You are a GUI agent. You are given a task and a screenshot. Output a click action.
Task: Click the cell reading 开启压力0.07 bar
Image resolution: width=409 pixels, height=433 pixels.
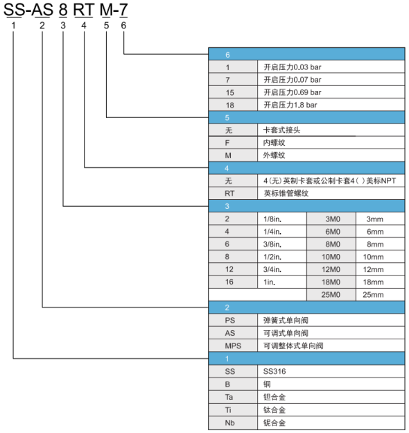click(x=331, y=80)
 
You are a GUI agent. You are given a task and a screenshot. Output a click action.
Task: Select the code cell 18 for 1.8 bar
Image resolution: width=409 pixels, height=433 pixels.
click(x=233, y=105)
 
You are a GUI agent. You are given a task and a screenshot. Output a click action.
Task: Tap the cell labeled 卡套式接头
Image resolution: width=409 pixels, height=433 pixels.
click(x=331, y=130)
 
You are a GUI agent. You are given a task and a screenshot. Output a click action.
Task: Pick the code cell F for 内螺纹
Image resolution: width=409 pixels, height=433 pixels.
click(x=233, y=143)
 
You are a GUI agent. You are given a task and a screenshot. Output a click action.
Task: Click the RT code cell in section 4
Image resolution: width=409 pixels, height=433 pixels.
click(x=233, y=194)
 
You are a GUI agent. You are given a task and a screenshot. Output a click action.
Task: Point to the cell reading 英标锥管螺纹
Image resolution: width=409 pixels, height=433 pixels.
click(x=331, y=194)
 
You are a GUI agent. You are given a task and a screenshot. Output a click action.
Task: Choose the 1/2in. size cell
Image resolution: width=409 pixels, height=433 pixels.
click(x=282, y=257)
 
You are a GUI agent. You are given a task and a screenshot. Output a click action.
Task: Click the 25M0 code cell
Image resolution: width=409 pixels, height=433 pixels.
click(x=331, y=295)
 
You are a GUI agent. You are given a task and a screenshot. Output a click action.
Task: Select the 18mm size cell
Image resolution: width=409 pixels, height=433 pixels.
click(x=381, y=282)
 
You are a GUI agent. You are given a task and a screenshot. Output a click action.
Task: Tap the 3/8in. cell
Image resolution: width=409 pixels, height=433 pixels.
click(x=282, y=244)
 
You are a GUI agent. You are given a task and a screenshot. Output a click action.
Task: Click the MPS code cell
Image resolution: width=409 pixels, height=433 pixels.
click(x=233, y=346)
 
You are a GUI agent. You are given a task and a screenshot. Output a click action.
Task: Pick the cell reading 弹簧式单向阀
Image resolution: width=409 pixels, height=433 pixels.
click(x=331, y=321)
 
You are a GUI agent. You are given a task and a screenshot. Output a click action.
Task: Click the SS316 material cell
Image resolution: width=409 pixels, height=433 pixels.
click(x=331, y=371)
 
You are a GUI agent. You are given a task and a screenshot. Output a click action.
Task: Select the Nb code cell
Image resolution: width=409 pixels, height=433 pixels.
click(x=233, y=423)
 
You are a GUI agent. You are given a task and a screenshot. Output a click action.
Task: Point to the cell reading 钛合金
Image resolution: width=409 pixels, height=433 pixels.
click(x=331, y=410)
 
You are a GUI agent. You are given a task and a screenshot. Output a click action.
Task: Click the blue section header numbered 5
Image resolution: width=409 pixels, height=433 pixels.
click(x=306, y=118)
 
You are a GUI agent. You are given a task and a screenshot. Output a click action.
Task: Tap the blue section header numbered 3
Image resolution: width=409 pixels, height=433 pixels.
click(x=306, y=206)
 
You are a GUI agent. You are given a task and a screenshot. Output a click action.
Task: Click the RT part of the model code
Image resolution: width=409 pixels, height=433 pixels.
click(x=84, y=10)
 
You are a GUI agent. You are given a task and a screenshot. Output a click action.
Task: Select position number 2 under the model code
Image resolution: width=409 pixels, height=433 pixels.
click(x=42, y=26)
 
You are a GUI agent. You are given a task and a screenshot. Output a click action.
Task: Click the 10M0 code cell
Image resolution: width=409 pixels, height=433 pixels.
click(x=331, y=257)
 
